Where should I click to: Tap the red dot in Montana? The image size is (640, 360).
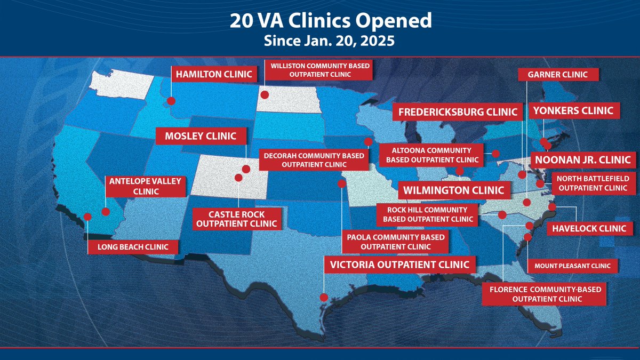click(171, 100)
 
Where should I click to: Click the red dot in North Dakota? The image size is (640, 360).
click(264, 94)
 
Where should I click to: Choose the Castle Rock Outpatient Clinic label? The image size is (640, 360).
click(237, 219)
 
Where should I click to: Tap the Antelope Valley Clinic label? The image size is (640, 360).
click(145, 186)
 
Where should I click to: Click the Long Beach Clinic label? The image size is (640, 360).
click(133, 246)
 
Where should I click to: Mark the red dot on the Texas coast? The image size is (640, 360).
click(323, 298)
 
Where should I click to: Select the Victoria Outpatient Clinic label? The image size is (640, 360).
click(399, 264)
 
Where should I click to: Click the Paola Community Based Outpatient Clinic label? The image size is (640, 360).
click(395, 241)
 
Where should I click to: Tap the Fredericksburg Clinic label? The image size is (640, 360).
click(457, 112)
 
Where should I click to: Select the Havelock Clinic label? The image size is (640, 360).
click(589, 228)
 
